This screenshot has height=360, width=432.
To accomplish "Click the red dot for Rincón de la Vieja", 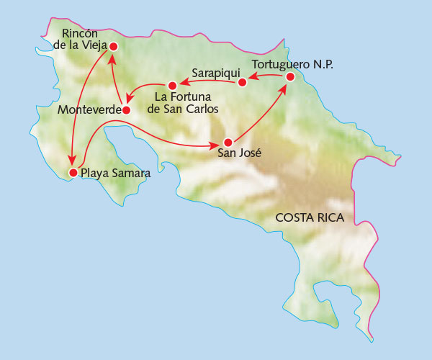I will point(112,46).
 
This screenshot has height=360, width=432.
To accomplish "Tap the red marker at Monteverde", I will point(126,110).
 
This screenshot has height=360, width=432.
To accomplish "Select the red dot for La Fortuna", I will point(172,86).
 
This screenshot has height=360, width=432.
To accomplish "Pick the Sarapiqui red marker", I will point(242,82).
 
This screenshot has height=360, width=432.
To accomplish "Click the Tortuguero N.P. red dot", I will point(289,76).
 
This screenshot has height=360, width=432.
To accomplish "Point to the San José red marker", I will point(228,142).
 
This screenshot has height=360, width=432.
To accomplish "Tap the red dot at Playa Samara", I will point(72,173).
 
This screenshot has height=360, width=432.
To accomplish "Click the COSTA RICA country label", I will point(310,217).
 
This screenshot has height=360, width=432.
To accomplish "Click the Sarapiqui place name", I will point(214,73).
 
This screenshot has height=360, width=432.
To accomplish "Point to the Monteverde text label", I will point(86,111).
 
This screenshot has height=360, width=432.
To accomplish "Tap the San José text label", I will point(238,153).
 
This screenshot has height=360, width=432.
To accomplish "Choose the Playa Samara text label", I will point(115,173).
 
